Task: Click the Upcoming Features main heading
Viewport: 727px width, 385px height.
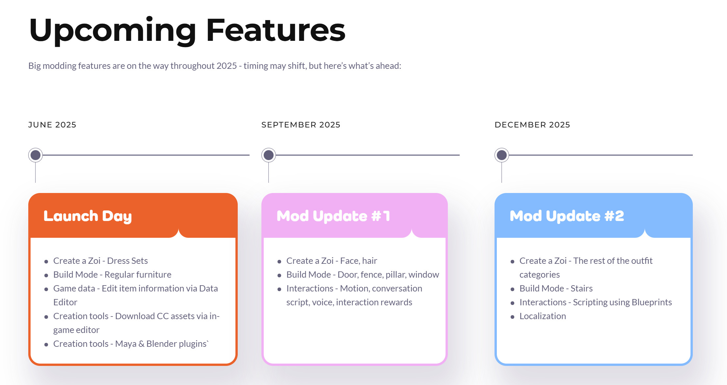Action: pos(187,30)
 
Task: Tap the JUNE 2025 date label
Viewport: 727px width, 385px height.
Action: pos(52,125)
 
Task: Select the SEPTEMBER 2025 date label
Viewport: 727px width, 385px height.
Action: pos(301,125)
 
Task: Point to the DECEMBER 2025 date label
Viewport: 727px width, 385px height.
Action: pos(532,125)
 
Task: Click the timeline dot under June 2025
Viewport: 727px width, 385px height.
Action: pos(36,155)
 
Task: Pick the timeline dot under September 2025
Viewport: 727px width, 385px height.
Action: pos(269,155)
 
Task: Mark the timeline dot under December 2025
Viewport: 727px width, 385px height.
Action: pos(502,155)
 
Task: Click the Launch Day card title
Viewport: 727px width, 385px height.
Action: pos(87,216)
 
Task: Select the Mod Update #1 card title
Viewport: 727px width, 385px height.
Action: pos(333,216)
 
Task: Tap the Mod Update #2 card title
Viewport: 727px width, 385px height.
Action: pos(567,216)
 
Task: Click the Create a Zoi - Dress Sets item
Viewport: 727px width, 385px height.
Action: pos(101,261)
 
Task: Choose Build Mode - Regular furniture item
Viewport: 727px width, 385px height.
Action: pos(112,275)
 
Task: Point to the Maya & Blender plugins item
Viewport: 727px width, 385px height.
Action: pos(131,344)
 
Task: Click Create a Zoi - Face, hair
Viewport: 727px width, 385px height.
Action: pos(332,261)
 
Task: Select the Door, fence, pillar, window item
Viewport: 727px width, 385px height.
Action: pos(363,275)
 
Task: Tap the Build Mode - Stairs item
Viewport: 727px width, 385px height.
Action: pos(556,289)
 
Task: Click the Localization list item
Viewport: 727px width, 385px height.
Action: pos(543,316)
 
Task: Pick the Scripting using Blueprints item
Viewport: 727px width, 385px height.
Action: pos(596,302)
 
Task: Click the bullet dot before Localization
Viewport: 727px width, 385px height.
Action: pos(512,317)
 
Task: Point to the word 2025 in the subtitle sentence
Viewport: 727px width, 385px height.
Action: pos(227,66)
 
